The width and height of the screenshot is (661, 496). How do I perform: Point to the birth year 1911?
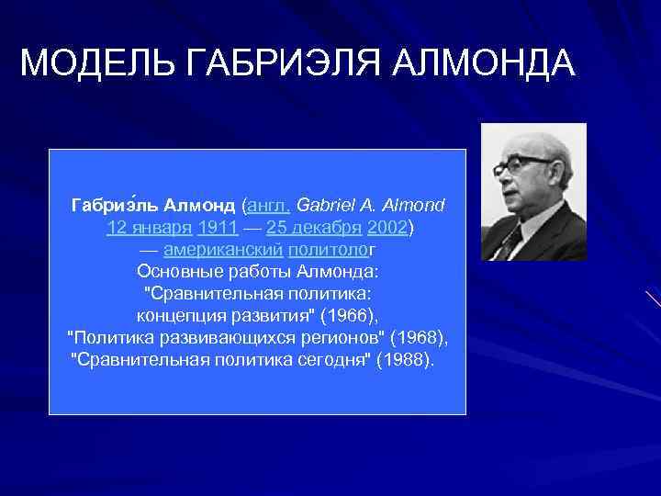point(218,226)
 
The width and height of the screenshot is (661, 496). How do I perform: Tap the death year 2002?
point(387,226)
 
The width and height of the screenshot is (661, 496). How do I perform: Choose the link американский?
point(223,249)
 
